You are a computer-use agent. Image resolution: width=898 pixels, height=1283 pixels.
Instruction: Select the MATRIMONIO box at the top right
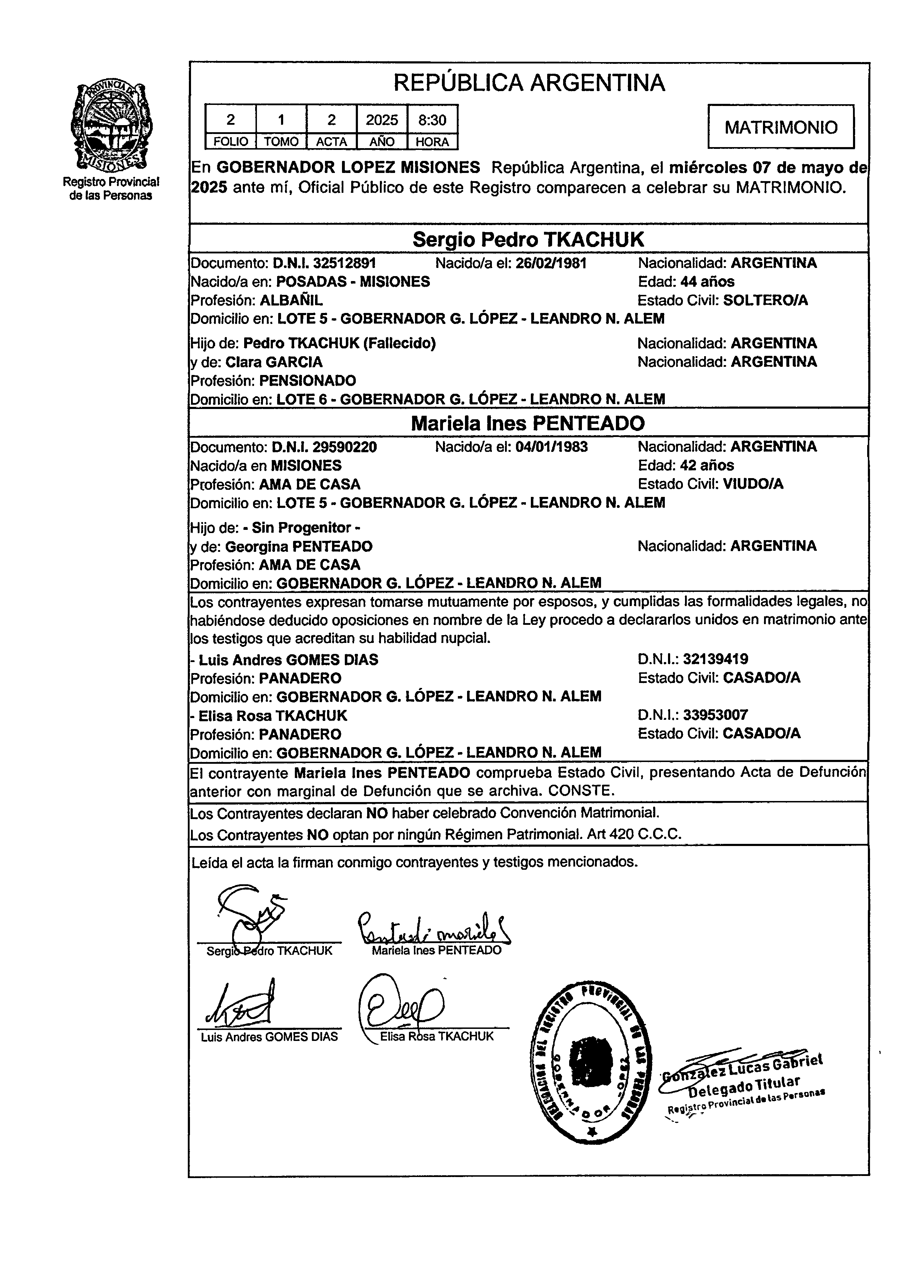[x=781, y=127]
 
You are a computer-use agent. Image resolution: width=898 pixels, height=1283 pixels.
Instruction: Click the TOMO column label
[x=281, y=142]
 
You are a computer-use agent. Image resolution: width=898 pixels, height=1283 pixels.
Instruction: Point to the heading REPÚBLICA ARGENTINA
[x=529, y=83]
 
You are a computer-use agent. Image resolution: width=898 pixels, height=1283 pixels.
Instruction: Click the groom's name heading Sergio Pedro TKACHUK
[x=528, y=240]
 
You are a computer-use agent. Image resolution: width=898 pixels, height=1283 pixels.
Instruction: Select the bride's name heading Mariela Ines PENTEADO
[x=528, y=423]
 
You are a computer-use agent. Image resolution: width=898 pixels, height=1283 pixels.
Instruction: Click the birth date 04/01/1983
[x=551, y=447]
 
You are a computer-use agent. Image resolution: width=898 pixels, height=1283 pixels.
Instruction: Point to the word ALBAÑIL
[x=291, y=300]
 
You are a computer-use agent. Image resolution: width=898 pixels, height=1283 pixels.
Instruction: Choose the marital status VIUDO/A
[x=753, y=484]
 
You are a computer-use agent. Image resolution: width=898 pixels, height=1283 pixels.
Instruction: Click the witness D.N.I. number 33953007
[x=716, y=715]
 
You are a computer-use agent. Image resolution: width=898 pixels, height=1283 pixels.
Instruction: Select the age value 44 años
[x=707, y=282]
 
